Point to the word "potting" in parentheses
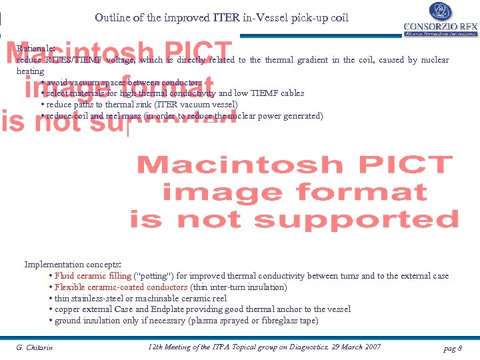[154, 276]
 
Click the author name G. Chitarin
[35, 347]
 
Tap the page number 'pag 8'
[452, 348]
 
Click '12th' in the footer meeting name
[154, 347]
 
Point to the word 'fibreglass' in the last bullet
[270, 321]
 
